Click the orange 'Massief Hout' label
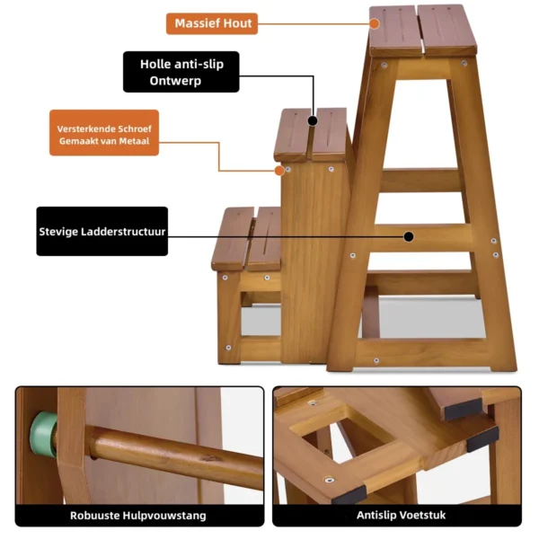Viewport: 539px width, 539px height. [x=212, y=23]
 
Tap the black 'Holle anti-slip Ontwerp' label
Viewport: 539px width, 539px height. [x=181, y=72]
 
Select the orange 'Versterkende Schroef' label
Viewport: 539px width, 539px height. [x=103, y=133]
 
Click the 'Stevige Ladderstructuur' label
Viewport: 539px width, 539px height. [x=102, y=232]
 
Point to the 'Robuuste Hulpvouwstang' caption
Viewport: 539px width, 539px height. [x=139, y=516]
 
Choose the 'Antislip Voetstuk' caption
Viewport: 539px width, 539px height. [x=397, y=516]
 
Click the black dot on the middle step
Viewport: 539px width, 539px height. [x=313, y=119]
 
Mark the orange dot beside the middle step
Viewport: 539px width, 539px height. [x=279, y=170]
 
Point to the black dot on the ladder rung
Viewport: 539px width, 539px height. [x=409, y=237]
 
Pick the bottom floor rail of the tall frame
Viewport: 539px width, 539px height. [x=422, y=352]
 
